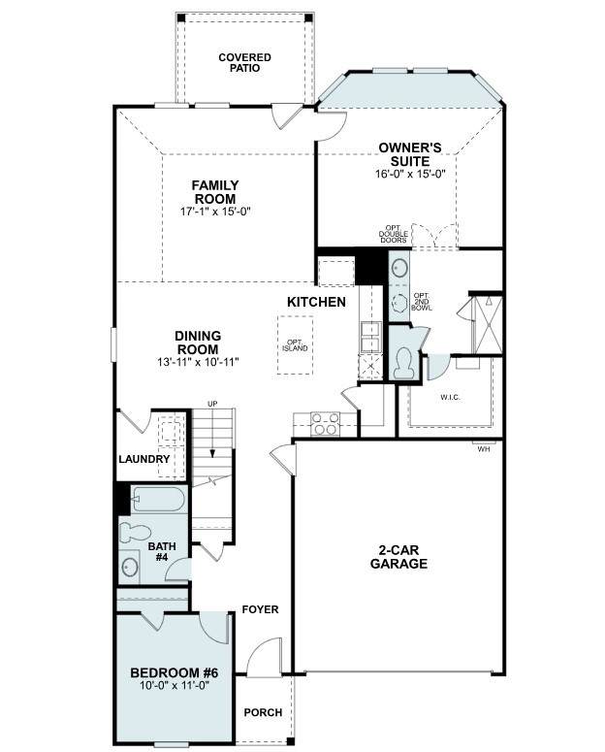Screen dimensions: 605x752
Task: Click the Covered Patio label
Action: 244,63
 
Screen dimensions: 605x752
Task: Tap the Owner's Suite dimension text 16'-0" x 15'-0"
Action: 410,174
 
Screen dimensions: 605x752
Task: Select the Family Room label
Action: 215,192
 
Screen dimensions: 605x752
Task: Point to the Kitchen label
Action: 316,302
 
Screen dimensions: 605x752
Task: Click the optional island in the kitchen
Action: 295,344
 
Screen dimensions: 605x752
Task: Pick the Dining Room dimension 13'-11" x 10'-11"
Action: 198,362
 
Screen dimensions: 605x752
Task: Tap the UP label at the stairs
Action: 212,404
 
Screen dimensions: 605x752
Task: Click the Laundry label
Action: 143,459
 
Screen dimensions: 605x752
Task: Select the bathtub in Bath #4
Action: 158,500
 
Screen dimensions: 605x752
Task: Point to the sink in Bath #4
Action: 130,567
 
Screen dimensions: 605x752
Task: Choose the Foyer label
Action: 260,609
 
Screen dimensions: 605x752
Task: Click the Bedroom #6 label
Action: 174,672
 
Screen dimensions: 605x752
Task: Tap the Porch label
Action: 263,712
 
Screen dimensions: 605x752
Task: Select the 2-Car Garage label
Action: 398,556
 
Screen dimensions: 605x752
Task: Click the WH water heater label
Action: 484,450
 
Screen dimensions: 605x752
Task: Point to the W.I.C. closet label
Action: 450,397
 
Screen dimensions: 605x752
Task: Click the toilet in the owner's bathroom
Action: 401,363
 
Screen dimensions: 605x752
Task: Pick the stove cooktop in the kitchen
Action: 325,424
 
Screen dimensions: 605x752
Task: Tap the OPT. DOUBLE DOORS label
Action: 393,234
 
